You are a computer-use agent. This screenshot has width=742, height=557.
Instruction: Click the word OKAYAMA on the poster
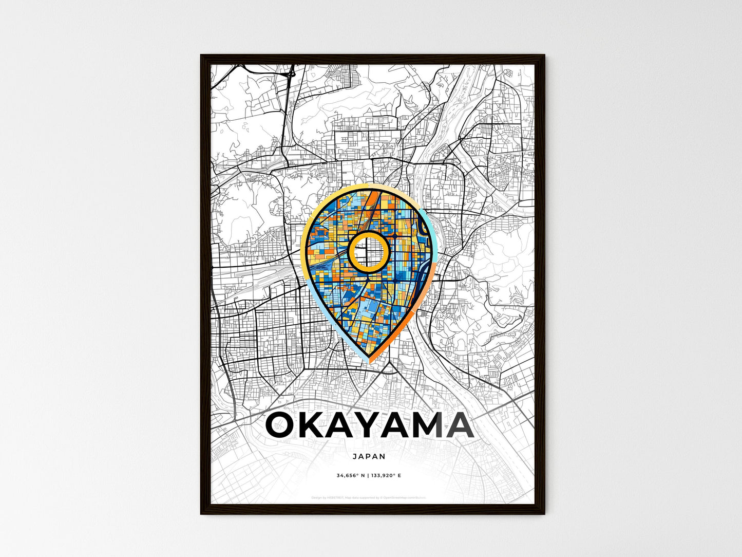coord(369,426)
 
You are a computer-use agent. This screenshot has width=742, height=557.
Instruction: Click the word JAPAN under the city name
coord(369,456)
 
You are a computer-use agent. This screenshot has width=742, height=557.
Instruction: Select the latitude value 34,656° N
coord(351,476)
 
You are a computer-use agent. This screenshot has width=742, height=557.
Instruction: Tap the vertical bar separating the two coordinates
coord(368,476)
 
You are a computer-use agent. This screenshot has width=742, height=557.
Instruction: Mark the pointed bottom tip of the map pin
coord(369,361)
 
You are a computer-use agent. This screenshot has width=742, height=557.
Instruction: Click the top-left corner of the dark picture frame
coord(201,55)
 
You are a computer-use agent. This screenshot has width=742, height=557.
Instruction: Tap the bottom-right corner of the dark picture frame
coord(544,513)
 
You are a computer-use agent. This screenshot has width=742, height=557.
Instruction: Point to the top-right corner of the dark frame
coord(544,55)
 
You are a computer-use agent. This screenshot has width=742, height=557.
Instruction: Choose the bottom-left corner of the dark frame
coord(201,513)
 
